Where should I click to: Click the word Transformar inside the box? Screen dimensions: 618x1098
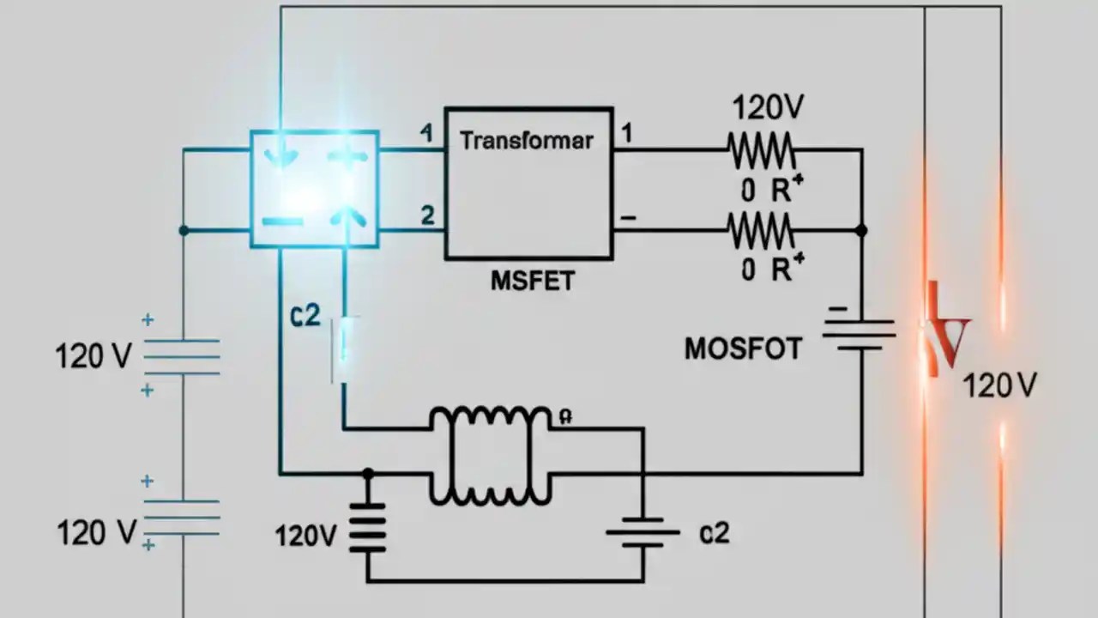[527, 140]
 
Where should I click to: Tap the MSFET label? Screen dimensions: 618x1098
[532, 281]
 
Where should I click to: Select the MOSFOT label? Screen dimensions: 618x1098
[743, 348]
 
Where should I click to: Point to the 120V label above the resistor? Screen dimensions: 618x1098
[768, 109]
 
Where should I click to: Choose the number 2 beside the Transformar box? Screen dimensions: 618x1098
[427, 215]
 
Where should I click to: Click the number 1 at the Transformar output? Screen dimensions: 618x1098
[627, 134]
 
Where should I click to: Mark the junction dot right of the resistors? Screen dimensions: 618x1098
[862, 231]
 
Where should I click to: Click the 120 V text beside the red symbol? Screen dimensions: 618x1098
[999, 386]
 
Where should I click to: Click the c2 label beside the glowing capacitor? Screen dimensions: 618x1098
[305, 316]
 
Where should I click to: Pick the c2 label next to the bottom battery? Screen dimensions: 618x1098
[714, 533]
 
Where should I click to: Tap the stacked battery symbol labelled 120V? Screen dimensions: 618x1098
[367, 528]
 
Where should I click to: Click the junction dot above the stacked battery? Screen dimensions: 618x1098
[368, 473]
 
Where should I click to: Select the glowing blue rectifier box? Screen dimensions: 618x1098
[314, 188]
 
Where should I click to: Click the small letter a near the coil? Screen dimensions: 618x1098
[565, 416]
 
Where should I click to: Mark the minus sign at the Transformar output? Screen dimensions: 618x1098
[628, 218]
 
